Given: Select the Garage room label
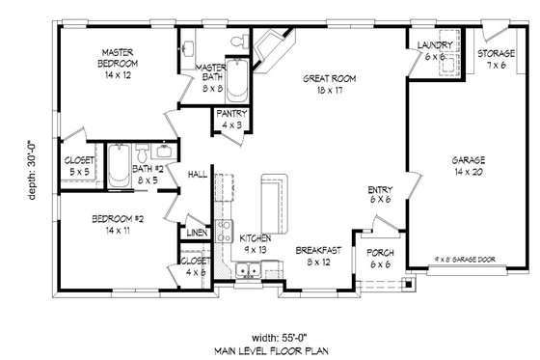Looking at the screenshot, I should [x=468, y=159].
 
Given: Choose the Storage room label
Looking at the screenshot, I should [x=496, y=53].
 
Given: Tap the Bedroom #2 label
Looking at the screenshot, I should [x=118, y=219].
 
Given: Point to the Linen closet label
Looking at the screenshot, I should [x=196, y=233].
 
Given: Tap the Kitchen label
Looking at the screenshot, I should [x=255, y=237].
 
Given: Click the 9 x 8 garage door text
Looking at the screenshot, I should [x=466, y=259].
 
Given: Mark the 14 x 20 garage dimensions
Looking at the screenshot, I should [x=468, y=171].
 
